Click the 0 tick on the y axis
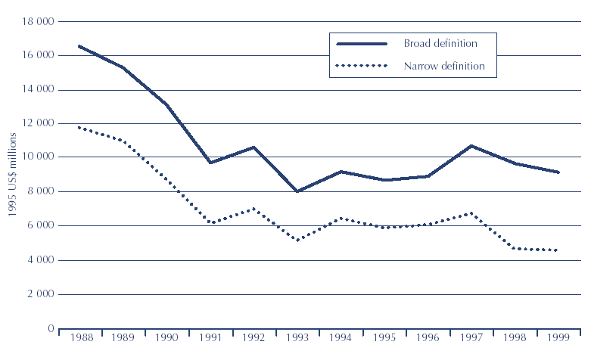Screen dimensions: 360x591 click(x=50, y=328)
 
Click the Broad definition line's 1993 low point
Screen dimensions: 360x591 click(x=297, y=191)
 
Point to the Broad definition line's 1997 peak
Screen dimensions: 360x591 click(x=471, y=145)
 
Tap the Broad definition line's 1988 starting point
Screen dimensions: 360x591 click(x=79, y=46)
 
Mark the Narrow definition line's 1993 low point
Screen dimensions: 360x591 click(x=297, y=241)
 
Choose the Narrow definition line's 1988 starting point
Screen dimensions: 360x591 click(x=79, y=127)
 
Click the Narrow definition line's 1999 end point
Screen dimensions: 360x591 click(x=557, y=250)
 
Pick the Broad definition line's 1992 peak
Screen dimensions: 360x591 click(x=254, y=147)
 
